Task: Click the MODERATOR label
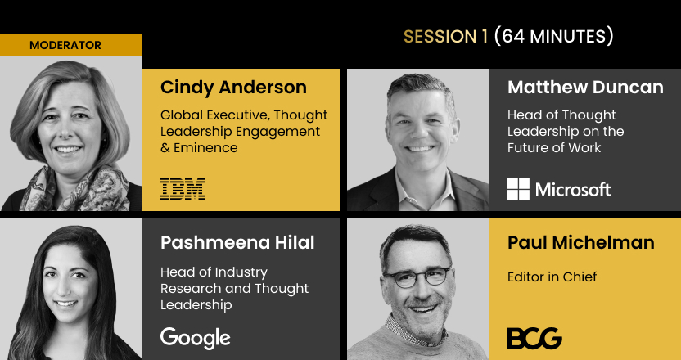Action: pos(65,45)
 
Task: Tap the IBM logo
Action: pos(183,189)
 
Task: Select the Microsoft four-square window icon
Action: pos(519,189)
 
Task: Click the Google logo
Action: pos(196,339)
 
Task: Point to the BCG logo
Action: pos(534,338)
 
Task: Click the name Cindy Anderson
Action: pos(233,88)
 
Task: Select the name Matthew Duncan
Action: pos(585,88)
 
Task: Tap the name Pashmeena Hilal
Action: pos(237,243)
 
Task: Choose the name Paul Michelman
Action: pos(581,243)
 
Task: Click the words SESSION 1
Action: pos(446,37)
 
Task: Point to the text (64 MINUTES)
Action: pos(554,37)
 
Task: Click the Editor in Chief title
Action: pos(552,277)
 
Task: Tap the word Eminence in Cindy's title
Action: pos(206,147)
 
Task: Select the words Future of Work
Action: pos(554,147)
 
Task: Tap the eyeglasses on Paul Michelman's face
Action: pos(417,277)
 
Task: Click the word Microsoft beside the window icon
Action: pos(573,189)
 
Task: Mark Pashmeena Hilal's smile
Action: pos(67,304)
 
